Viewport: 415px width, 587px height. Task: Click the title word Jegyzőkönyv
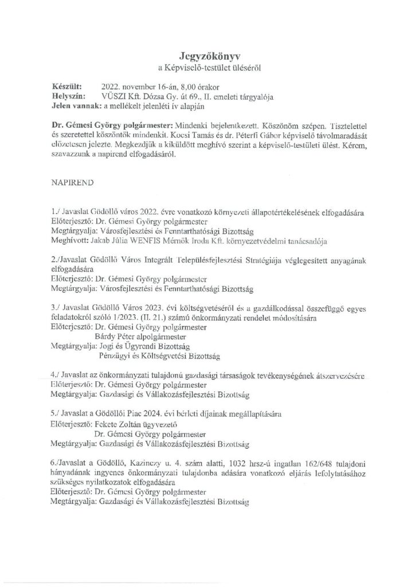click(x=207, y=56)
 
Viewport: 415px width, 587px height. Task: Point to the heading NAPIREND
click(x=72, y=186)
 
